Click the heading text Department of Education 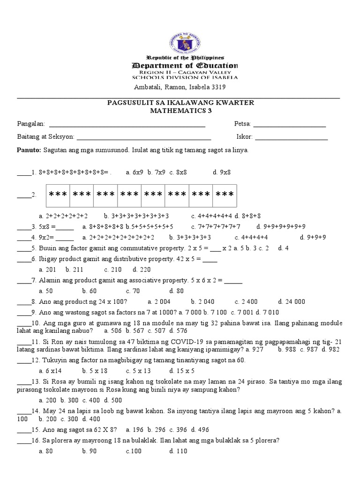[185, 65]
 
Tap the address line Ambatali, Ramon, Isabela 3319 [180, 87]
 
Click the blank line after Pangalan [127, 126]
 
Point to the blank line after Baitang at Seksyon [143, 139]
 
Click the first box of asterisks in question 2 [58, 195]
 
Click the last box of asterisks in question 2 [225, 195]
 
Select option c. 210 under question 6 [112, 270]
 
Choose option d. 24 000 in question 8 [292, 302]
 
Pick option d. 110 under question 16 [178, 451]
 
